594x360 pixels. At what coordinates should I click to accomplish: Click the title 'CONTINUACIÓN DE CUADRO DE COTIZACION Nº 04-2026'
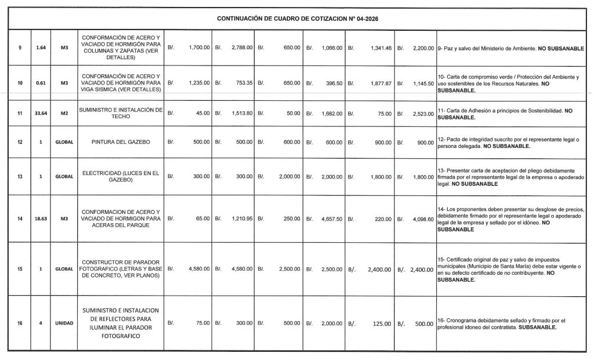coord(297,19)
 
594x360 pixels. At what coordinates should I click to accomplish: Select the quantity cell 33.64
coord(41,114)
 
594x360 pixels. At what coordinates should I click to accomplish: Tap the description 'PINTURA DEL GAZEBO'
coord(121,142)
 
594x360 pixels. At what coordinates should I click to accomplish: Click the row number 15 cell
coord(20,269)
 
